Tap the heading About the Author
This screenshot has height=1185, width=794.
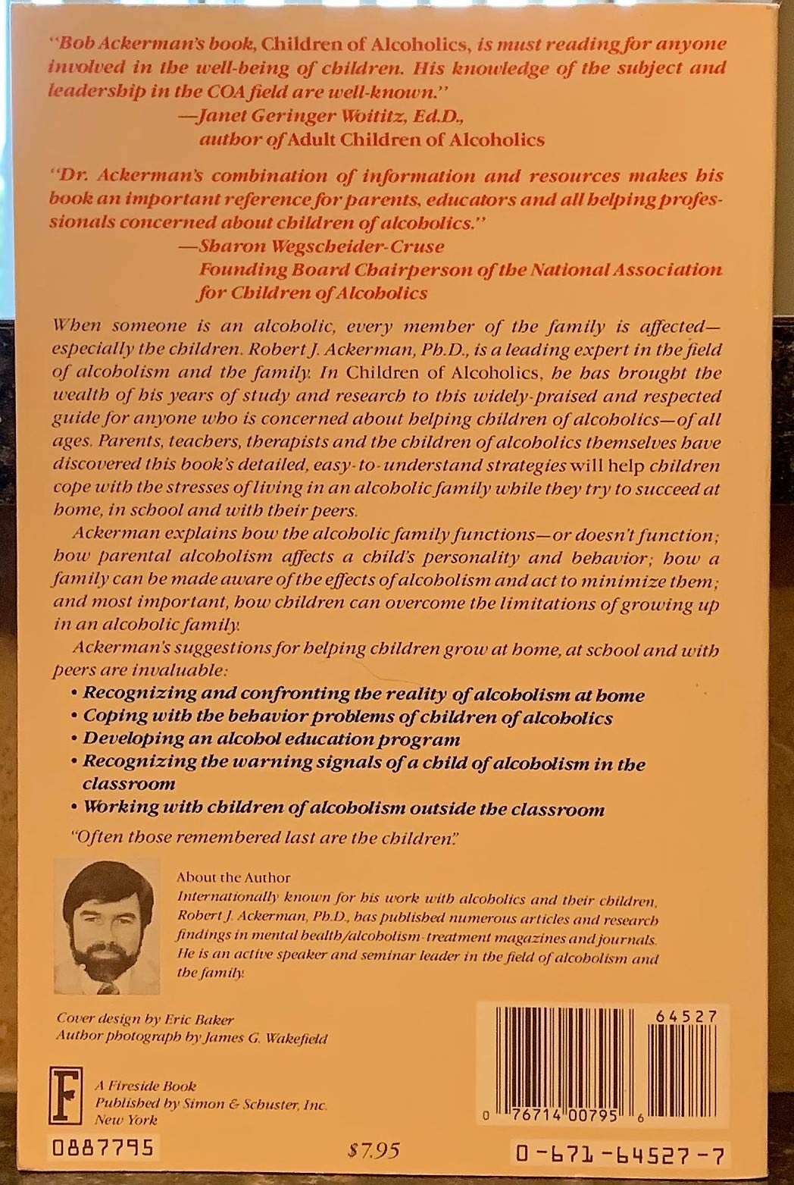point(233,877)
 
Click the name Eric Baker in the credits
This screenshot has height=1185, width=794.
point(213,1018)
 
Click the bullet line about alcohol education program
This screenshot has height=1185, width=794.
point(270,738)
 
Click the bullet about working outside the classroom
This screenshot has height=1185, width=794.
point(342,809)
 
